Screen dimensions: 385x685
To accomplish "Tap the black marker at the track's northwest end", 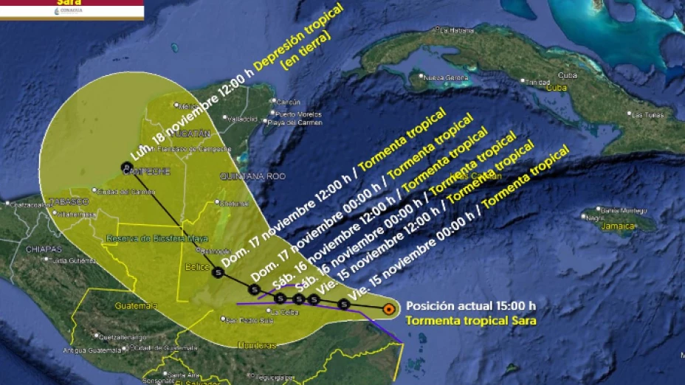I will click(125, 167).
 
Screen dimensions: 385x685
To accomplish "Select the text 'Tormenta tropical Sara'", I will click(471, 320).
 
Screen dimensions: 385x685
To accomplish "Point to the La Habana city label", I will click(456, 30).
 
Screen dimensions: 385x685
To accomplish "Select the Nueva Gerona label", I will click(442, 77).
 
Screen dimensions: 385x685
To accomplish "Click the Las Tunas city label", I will click(645, 114).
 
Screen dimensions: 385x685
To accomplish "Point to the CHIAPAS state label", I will click(44, 249).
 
